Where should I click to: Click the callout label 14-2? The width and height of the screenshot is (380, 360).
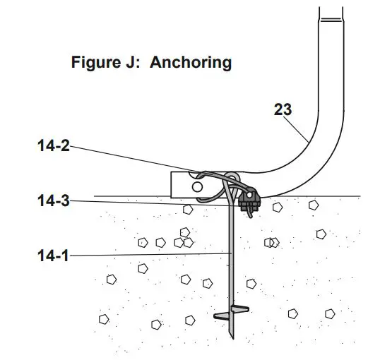(54, 146)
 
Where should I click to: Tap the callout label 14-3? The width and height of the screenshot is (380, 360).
(54, 201)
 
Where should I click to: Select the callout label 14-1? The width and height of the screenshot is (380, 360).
(53, 256)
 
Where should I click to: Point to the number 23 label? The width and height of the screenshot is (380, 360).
(283, 109)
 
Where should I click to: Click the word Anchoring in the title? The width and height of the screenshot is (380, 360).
(191, 63)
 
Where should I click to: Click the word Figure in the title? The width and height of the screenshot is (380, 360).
(96, 63)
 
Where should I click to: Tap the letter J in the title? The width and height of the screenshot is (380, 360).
(131, 62)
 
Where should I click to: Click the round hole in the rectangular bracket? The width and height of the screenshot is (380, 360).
(197, 187)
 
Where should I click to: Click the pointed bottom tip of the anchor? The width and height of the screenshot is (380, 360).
(233, 338)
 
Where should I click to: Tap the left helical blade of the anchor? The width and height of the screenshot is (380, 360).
(222, 316)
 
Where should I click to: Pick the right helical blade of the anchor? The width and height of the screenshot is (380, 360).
(240, 308)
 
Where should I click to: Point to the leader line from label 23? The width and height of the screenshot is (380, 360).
(296, 129)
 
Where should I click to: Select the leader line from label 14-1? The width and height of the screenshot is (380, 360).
(150, 254)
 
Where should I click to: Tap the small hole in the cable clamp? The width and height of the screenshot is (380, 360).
(249, 194)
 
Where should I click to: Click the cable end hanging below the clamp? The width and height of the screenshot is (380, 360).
(249, 213)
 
